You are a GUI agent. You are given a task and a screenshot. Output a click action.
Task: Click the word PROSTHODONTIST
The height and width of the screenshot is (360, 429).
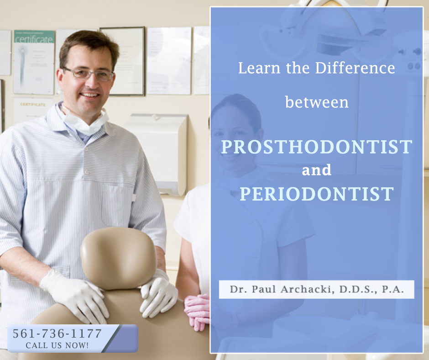(x=316, y=147)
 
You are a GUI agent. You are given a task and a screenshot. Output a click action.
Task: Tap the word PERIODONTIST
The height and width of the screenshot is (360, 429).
(x=316, y=194)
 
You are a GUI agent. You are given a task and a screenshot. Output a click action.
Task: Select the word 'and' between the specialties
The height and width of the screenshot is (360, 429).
(x=316, y=170)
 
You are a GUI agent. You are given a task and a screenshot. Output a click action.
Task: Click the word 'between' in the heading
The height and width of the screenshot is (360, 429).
(x=317, y=102)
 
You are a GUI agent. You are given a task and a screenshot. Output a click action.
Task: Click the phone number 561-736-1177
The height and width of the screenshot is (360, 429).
(x=58, y=333)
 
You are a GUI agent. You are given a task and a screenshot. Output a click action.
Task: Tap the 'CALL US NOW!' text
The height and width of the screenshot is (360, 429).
(x=58, y=345)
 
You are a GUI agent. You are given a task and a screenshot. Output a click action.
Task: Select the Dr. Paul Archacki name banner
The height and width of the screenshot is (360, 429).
(x=316, y=290)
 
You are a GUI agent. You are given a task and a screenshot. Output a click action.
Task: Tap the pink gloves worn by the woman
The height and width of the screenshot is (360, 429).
(x=197, y=311)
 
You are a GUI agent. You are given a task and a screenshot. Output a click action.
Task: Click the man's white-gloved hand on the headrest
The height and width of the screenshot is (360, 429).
(x=158, y=295)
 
